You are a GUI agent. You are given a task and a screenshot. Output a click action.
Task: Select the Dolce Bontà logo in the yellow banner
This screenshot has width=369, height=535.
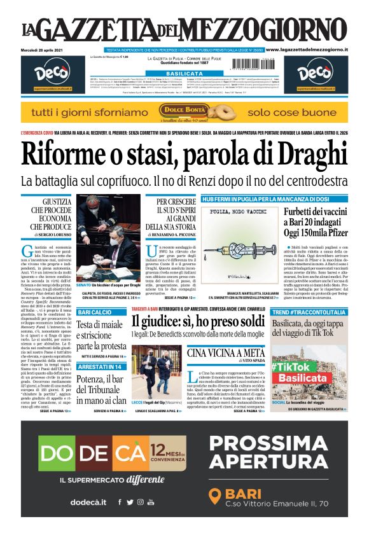[184, 112]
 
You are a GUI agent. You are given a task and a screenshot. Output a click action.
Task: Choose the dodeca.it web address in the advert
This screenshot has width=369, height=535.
[88, 502]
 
